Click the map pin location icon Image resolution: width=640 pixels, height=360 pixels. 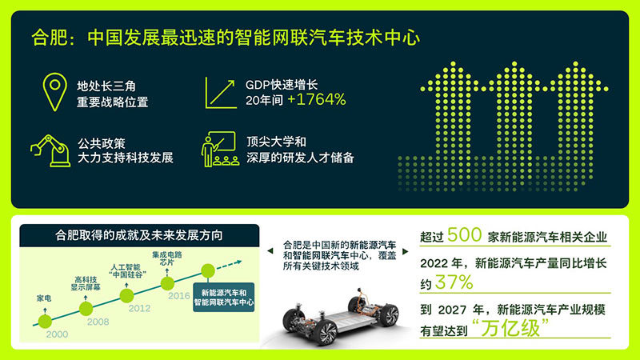tap(54, 92)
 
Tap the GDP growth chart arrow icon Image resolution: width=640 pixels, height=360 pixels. tap(221, 93)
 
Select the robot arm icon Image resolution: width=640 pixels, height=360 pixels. tap(50, 150)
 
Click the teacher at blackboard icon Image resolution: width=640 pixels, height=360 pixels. tap(220, 149)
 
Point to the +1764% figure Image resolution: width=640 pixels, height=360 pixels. tap(317, 99)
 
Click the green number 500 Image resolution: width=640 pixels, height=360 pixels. tap(465, 234)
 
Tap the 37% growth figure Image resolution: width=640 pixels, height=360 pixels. tap(454, 282)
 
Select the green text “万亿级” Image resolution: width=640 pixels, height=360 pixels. tap(510, 328)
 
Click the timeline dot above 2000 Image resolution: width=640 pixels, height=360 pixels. tap(45, 322)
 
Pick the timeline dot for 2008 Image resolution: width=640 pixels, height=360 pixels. tap(86, 309)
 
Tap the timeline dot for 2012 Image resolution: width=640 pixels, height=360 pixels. tap(126, 295)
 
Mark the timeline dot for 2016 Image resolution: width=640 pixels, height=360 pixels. tap(167, 283)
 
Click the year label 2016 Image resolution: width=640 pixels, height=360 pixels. tap(179, 296)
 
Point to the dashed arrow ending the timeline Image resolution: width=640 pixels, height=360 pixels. tap(229, 265)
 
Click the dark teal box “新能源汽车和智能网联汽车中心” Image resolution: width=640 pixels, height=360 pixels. tap(224, 297)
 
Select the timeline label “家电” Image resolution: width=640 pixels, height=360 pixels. tap(44, 298)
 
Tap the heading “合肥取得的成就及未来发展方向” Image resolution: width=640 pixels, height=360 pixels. tap(139, 235)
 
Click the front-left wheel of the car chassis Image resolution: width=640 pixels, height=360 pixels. tap(325, 331)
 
